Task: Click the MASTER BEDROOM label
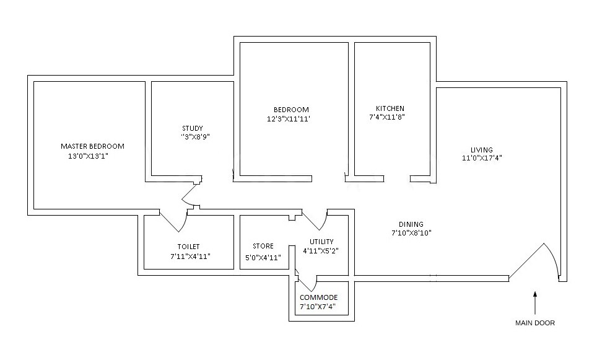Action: [92, 146]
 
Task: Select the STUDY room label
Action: [193, 129]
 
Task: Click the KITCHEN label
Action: [390, 108]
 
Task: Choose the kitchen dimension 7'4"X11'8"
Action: [387, 117]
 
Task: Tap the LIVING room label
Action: [481, 150]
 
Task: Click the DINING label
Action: [411, 224]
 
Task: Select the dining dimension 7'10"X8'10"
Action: [411, 233]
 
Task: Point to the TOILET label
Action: [188, 247]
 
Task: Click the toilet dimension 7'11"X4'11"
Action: [190, 256]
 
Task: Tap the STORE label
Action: [263, 247]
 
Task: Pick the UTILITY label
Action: [321, 242]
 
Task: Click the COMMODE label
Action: [319, 297]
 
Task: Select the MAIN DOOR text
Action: [535, 323]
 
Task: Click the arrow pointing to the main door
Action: [536, 302]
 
